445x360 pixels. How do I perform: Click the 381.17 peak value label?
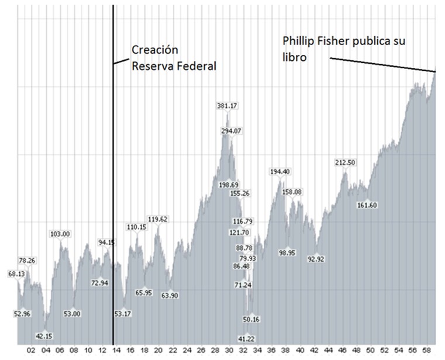226,106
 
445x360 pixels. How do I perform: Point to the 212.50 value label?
345,162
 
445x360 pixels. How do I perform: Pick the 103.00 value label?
60,234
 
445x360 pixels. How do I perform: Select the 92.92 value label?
316,258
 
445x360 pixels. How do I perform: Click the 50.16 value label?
251,319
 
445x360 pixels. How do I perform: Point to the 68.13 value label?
16,274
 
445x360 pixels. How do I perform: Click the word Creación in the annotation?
154,50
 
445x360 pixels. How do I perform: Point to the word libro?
295,58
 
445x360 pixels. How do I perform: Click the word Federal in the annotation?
196,65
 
